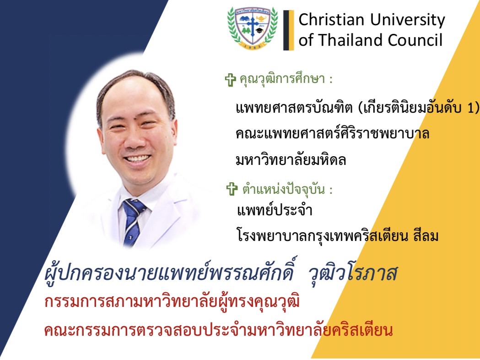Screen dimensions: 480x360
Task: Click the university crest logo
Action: click(253, 28)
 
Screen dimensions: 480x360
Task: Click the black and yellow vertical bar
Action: click(288, 30)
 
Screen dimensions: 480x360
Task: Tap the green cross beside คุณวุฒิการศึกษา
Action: click(231, 80)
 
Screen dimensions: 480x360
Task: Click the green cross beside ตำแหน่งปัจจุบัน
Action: click(232, 189)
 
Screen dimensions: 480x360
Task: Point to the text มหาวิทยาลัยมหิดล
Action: click(291, 159)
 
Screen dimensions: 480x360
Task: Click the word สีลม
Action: click(426, 235)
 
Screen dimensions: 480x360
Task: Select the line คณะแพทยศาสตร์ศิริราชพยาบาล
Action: click(333, 133)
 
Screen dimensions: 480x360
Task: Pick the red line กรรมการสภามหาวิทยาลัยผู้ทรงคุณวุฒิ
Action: click(172, 301)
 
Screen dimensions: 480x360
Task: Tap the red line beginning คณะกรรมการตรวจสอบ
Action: click(219, 330)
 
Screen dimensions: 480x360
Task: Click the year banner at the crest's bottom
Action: click(253, 46)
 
